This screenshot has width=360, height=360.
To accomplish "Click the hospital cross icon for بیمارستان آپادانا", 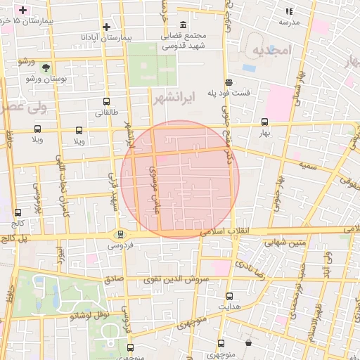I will (106, 27).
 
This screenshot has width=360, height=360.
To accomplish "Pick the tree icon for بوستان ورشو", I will (46, 67).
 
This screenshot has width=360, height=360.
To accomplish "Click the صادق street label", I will (115, 278).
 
